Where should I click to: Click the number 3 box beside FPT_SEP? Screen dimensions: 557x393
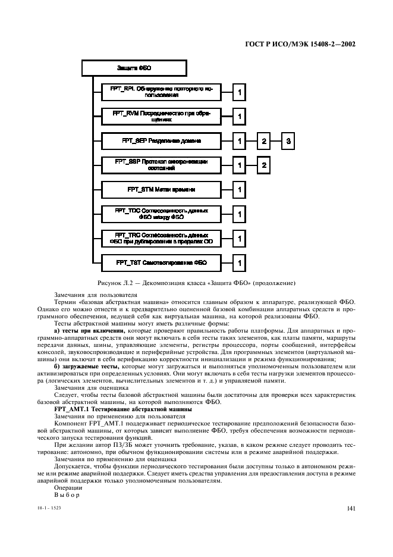288,141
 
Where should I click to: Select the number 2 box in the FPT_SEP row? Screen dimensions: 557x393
263,141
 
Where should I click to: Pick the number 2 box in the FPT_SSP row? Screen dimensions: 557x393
263,165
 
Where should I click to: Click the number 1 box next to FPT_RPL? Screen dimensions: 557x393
238,92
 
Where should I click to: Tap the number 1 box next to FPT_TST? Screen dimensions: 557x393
238,262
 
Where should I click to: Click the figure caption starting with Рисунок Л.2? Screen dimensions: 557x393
196,283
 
